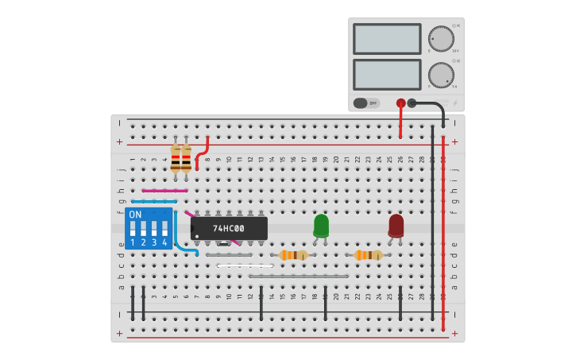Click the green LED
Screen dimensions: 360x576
point(321,225)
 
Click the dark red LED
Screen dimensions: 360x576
point(396,225)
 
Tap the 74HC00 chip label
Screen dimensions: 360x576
point(229,229)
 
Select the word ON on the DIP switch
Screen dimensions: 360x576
point(135,215)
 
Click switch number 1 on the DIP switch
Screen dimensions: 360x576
point(133,235)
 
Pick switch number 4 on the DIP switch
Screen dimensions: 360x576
point(164,235)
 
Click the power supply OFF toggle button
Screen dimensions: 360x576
point(366,103)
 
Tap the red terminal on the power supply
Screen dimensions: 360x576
point(400,103)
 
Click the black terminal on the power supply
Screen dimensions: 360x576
point(412,103)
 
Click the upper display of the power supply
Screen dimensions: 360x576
point(386,38)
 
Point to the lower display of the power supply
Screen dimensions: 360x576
point(386,75)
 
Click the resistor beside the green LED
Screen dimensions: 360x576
point(293,255)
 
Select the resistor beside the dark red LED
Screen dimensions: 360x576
point(368,255)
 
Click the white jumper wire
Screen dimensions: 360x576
point(245,265)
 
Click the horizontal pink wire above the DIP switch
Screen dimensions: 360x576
point(164,191)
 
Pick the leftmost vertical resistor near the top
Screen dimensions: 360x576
point(176,157)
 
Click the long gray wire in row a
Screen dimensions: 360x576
point(299,277)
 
